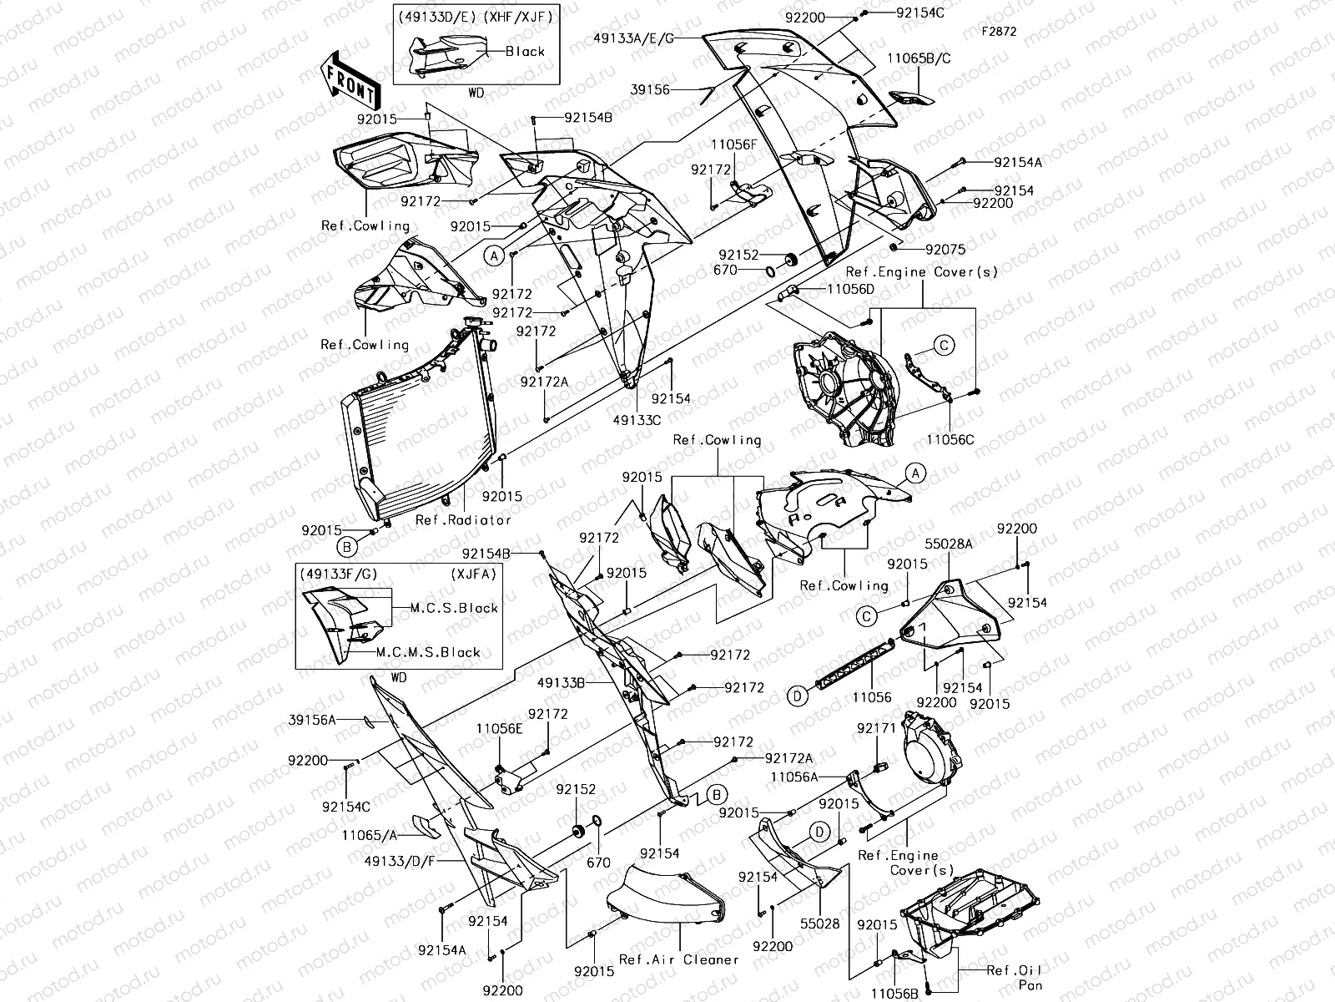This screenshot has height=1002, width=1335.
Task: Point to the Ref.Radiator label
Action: point(463,519)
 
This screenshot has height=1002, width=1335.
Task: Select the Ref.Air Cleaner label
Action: point(678,959)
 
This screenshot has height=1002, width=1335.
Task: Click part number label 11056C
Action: point(950,439)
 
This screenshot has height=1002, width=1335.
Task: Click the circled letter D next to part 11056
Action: point(798,694)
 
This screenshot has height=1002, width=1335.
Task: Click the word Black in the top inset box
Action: point(525,51)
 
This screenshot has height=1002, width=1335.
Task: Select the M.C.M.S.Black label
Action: point(428,652)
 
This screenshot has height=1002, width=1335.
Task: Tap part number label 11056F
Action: point(733,144)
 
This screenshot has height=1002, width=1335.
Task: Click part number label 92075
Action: point(945,249)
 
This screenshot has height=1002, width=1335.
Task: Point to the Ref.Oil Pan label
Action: point(1014,978)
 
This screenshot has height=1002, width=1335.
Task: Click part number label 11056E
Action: point(499,728)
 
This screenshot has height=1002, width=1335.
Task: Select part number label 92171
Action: point(876,728)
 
